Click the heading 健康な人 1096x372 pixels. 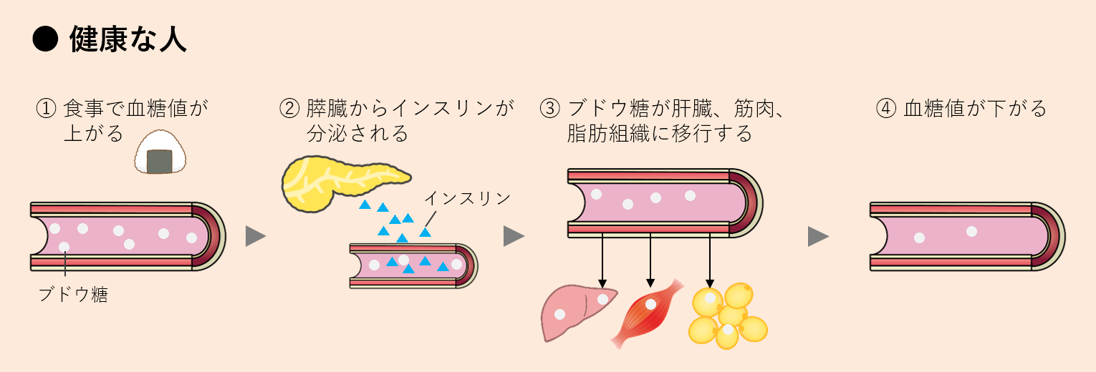pos(128,40)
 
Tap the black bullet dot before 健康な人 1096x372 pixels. pos(44,41)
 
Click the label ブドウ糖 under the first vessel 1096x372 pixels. pos(73,294)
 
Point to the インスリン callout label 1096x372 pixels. pos(467,198)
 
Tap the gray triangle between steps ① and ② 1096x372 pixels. pos(255,236)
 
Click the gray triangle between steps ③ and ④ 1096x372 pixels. pos(817,236)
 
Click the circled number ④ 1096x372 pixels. pos(886,109)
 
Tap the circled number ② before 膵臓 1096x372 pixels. pos(289,109)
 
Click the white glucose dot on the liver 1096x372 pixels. pos(604,299)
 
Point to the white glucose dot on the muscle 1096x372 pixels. pos(650,305)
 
